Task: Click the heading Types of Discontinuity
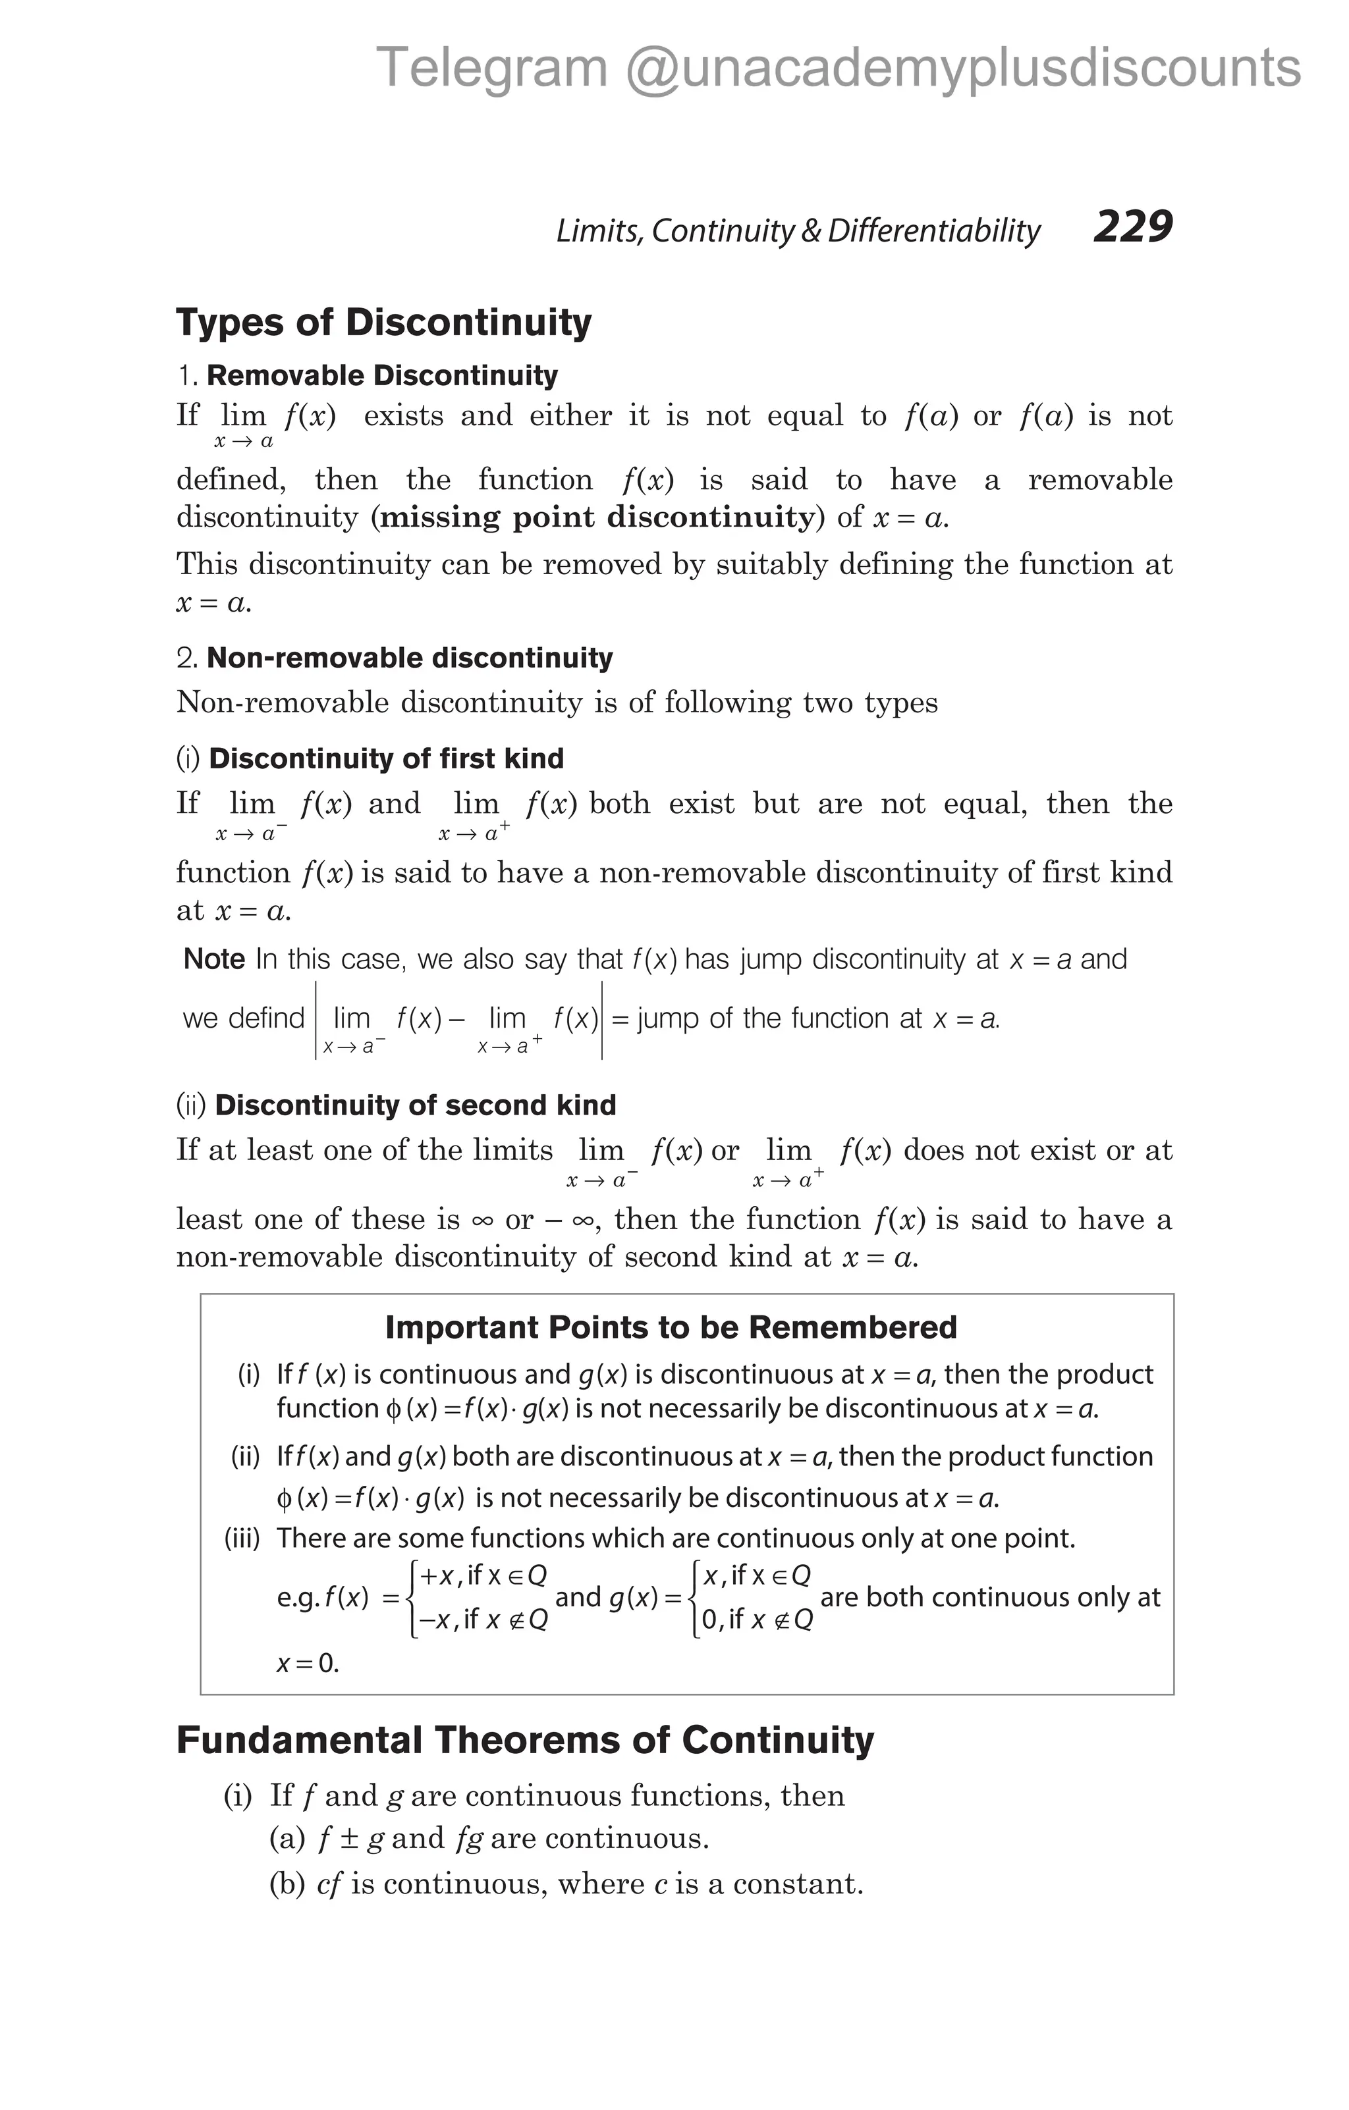click(384, 323)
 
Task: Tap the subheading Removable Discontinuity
click(381, 376)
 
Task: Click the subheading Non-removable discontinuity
click(408, 658)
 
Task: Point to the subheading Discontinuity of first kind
click(386, 759)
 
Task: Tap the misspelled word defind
click(265, 1018)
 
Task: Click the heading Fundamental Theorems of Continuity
click(525, 1739)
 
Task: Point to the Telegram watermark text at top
click(838, 68)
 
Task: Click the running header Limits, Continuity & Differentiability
click(798, 230)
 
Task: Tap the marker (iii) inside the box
click(243, 1538)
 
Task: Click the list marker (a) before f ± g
click(287, 1837)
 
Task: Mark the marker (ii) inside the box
click(246, 1456)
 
